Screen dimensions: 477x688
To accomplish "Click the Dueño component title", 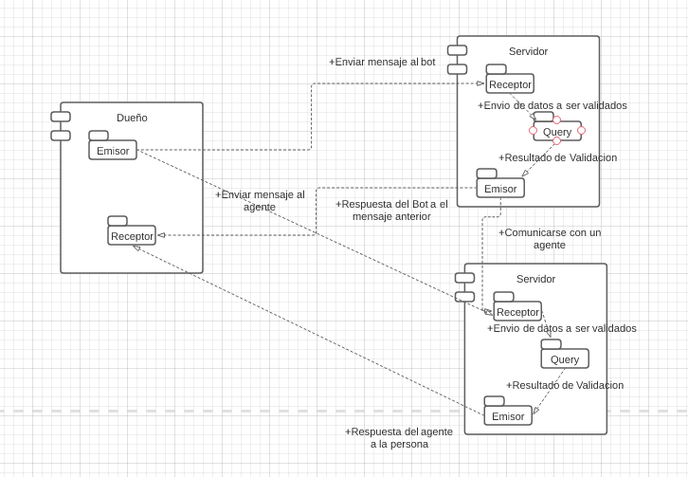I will [x=132, y=118].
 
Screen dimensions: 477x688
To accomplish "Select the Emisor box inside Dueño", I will [x=113, y=150].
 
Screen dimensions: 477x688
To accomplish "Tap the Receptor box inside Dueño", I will [x=132, y=235].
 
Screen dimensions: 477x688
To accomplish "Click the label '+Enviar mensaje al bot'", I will [x=382, y=62].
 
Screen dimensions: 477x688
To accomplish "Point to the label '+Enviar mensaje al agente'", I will [x=260, y=200].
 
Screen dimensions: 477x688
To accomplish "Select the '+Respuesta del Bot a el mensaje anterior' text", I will [x=391, y=210].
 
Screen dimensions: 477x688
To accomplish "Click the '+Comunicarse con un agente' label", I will [x=549, y=238].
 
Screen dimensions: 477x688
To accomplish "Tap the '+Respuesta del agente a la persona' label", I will [x=399, y=437].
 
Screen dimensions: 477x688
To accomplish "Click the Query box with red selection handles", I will [x=557, y=131].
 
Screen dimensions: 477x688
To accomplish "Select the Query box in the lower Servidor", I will [x=565, y=358].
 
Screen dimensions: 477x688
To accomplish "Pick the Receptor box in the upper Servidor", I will [x=510, y=83].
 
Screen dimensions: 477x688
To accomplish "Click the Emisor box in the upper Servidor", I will [x=500, y=188].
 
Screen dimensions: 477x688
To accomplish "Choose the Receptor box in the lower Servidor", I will [x=517, y=311].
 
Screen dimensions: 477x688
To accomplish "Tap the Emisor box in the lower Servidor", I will [x=508, y=415].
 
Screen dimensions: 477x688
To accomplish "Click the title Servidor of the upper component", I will [x=528, y=51].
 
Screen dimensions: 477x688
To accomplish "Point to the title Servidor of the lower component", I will [x=535, y=279].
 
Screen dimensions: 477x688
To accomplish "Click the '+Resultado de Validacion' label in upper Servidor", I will [x=557, y=157].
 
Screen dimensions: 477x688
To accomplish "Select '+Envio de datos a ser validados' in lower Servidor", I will [x=562, y=328].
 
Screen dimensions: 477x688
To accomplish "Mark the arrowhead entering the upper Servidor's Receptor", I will [x=480, y=83].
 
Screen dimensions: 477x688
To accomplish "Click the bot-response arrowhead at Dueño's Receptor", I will [x=161, y=235].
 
